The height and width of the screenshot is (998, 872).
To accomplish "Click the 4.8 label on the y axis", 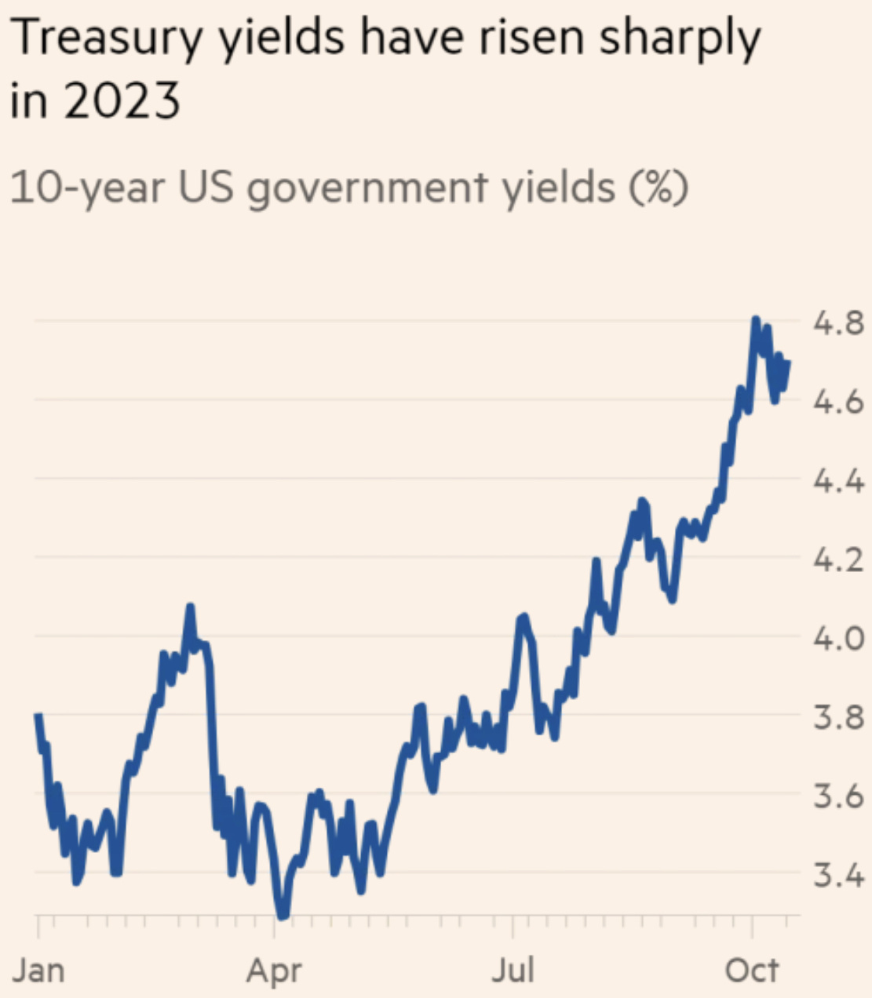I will coord(838,322).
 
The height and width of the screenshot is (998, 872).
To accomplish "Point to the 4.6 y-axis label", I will coord(838,402).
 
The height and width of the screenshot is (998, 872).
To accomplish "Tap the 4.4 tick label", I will coord(838,480).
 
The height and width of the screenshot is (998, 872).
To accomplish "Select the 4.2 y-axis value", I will coord(838,559).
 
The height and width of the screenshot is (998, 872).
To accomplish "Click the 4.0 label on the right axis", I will coord(838,638).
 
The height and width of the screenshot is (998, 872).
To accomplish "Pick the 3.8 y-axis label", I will coord(838,717).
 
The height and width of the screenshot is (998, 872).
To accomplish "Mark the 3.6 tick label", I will coord(838,796).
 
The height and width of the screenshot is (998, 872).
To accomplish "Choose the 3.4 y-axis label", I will coord(838,875).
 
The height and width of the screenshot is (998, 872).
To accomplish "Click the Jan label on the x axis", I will coord(38,971).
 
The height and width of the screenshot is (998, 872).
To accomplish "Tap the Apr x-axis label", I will coord(274,971).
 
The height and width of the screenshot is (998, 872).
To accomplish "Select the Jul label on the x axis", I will coord(513,971).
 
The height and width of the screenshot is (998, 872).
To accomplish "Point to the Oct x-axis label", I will coord(752,971).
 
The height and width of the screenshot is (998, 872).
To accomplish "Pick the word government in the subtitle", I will coord(367,189).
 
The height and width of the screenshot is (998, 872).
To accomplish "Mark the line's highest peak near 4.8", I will coord(755,320).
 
